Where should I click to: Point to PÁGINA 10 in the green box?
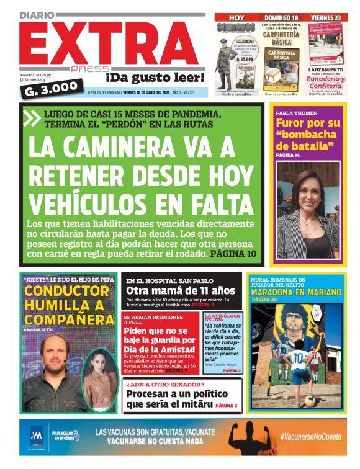point(233,253)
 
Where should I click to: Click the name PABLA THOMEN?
point(297,114)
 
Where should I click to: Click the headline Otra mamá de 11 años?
point(181,290)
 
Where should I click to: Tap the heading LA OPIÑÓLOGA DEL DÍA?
point(222,318)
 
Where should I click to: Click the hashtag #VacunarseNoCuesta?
point(310,437)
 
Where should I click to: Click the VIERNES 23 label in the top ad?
point(325,17)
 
